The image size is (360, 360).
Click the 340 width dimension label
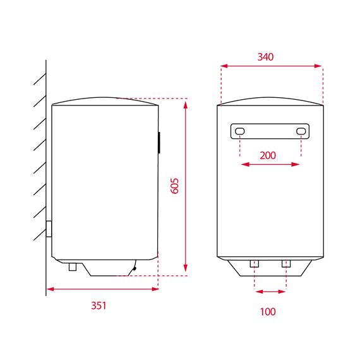tap(265, 57)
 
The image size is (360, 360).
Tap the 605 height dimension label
tap(175, 186)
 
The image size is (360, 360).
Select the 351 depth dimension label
tap(99, 306)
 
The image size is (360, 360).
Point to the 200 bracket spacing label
tap(268, 155)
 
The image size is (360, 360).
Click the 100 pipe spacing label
tap(268, 311)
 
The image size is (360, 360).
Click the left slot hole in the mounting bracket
tap(240, 131)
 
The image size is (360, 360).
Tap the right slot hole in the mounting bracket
tap(301, 131)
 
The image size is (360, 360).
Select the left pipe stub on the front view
tap(255, 264)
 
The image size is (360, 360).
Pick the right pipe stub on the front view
tap(286, 264)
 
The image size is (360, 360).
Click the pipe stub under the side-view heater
tap(73, 267)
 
